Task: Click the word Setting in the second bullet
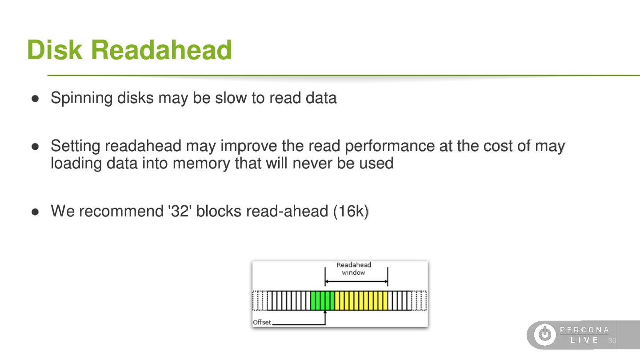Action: [x=76, y=146]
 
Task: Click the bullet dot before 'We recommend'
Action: [x=36, y=212]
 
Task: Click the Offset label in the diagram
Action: [x=261, y=322]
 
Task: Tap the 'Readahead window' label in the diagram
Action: [x=353, y=268]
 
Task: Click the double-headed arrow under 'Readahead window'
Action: [x=356, y=282]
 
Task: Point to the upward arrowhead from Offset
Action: [x=325, y=312]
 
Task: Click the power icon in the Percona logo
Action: [x=544, y=335]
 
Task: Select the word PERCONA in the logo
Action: [x=584, y=330]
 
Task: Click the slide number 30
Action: [x=612, y=341]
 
